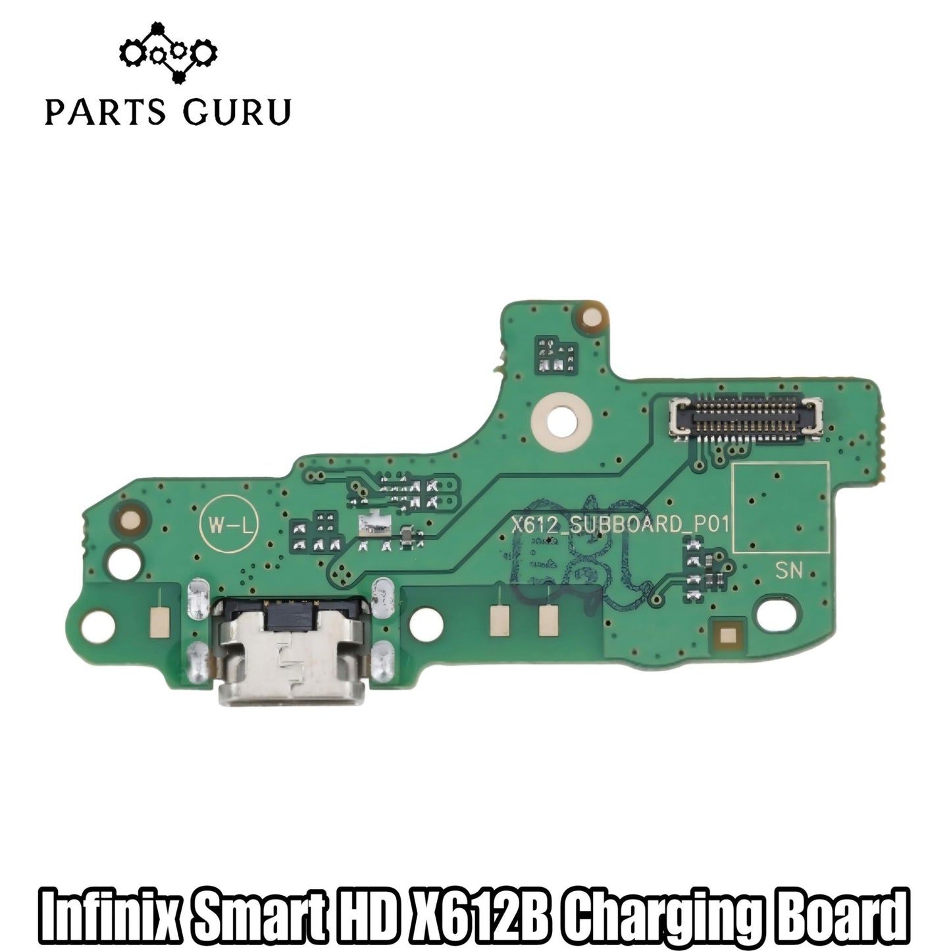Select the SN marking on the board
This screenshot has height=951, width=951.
788,571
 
